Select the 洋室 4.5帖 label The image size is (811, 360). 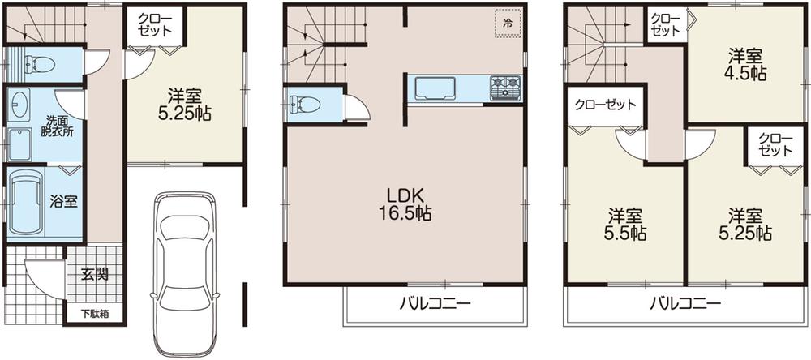[746, 64]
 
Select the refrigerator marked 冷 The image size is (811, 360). [508, 23]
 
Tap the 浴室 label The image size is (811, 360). [64, 201]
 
